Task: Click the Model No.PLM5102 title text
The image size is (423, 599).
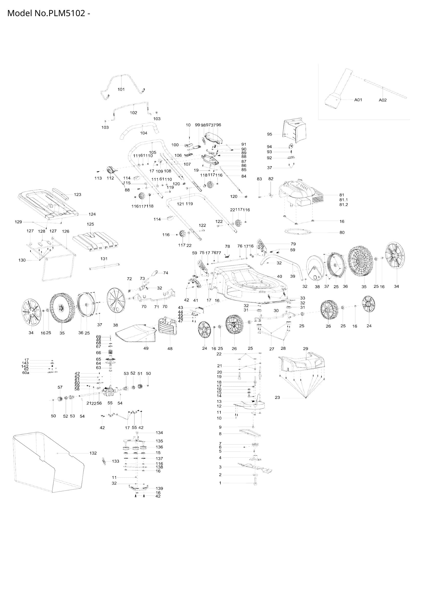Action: (49, 13)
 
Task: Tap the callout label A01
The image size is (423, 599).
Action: (358, 100)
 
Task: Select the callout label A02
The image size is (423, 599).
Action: (382, 100)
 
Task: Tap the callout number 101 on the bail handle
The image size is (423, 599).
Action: (121, 89)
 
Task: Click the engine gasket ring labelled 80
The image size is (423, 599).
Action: (298, 232)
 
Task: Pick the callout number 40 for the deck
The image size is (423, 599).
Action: (279, 276)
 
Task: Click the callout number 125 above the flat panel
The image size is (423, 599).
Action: (90, 224)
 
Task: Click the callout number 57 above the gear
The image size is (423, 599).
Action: (60, 387)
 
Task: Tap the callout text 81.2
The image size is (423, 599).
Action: (343, 205)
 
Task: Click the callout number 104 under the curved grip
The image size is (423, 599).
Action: (143, 133)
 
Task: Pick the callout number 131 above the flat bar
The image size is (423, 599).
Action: (104, 259)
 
